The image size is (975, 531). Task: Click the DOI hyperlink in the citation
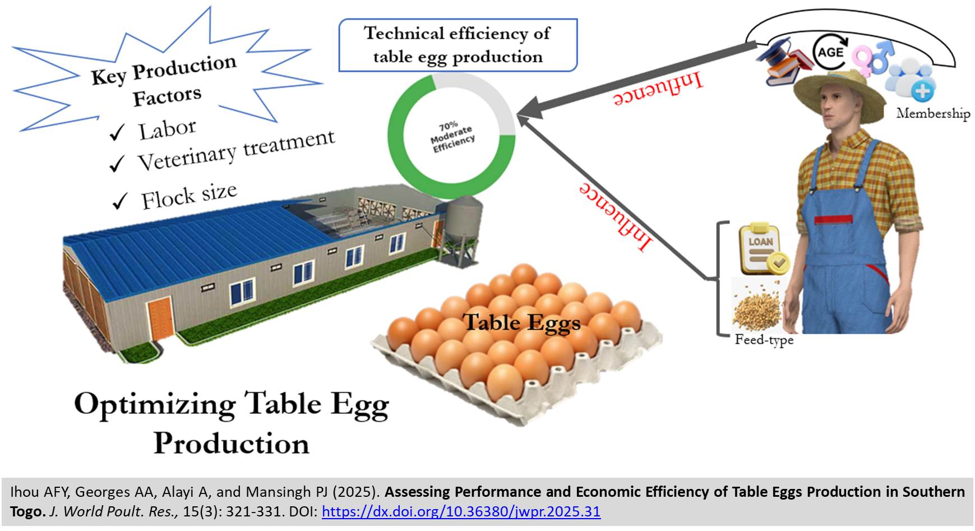(461, 512)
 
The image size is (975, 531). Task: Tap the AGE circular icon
(830, 52)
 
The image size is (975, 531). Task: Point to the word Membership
(932, 114)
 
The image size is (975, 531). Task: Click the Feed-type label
(764, 340)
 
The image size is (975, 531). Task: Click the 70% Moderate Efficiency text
(452, 136)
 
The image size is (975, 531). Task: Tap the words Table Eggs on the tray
(521, 323)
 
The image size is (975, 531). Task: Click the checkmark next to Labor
(117, 133)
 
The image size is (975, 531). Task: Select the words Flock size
(188, 197)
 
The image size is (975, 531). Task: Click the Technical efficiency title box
(458, 45)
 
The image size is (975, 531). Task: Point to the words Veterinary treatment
(235, 150)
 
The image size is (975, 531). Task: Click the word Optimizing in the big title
(154, 404)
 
